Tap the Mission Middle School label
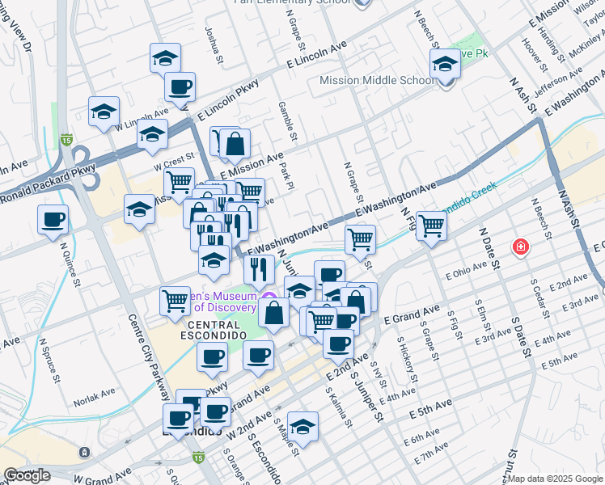click(x=378, y=80)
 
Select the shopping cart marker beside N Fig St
click(x=432, y=226)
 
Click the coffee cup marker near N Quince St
click(x=53, y=219)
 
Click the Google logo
click(x=27, y=475)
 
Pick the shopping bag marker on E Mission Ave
click(x=235, y=145)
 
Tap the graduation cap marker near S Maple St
click(x=303, y=425)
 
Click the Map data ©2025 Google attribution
click(x=555, y=479)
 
